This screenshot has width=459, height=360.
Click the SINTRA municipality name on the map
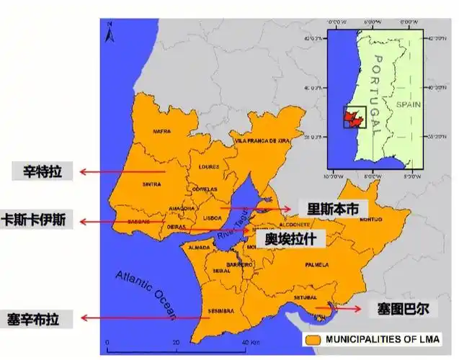[152, 184]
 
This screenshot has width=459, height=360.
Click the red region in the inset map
[352, 117]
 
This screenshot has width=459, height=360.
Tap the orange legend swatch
[313, 338]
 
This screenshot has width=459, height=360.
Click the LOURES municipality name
[208, 166]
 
